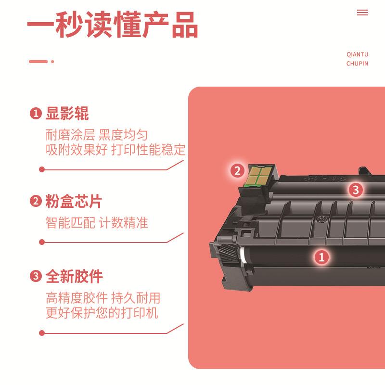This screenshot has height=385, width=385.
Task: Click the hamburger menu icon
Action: coord(362,13)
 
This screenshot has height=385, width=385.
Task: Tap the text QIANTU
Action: coord(357,55)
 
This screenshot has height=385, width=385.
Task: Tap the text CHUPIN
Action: coord(357,64)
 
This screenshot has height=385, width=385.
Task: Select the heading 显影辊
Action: coord(67,114)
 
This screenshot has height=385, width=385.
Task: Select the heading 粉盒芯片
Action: coord(74,201)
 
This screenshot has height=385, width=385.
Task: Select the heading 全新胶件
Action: coord(74,277)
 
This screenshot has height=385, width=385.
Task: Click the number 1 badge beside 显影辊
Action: coord(36,114)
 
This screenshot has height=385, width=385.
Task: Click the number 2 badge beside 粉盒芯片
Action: coord(36,202)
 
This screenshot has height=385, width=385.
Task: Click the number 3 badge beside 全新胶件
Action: coord(36,277)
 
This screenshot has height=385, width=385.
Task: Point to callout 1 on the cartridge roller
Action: coord(321,257)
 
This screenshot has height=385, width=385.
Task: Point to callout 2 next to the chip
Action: coord(237,170)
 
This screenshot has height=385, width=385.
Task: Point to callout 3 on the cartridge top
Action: coord(355,190)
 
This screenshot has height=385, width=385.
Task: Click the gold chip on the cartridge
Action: coord(257,175)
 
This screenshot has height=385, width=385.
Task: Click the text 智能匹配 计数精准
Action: coord(97,223)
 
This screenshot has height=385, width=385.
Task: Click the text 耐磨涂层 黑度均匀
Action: coord(97,135)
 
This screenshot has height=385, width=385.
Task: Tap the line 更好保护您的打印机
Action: coord(102,313)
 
